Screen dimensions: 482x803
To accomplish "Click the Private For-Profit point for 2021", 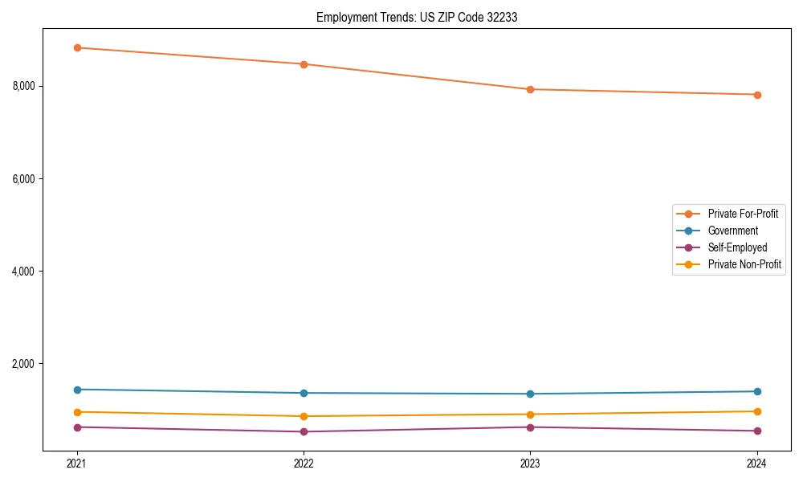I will tap(77, 47).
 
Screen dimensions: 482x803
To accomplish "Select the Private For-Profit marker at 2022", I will tap(304, 64).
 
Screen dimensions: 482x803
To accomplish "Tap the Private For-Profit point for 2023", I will tap(530, 89).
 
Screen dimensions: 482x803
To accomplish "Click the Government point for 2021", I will tap(77, 390).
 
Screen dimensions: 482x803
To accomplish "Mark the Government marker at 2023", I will tap(530, 394).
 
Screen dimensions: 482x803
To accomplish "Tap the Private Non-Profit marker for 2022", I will tap(304, 416).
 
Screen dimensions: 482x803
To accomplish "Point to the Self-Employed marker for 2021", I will tap(77, 427).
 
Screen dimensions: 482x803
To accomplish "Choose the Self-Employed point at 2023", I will tap(530, 427).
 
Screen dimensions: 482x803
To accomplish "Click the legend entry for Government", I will tap(732, 231).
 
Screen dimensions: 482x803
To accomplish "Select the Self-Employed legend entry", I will tap(737, 247).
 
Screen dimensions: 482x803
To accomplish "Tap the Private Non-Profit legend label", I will tap(744, 264).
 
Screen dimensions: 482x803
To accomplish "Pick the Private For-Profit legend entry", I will tap(743, 214).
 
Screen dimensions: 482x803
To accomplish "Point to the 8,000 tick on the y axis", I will tap(28, 86).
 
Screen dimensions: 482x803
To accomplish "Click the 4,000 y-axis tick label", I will tap(28, 272).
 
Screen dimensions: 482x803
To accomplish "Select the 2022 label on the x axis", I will tap(304, 464).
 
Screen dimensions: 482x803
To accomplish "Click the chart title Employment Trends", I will tap(417, 17).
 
